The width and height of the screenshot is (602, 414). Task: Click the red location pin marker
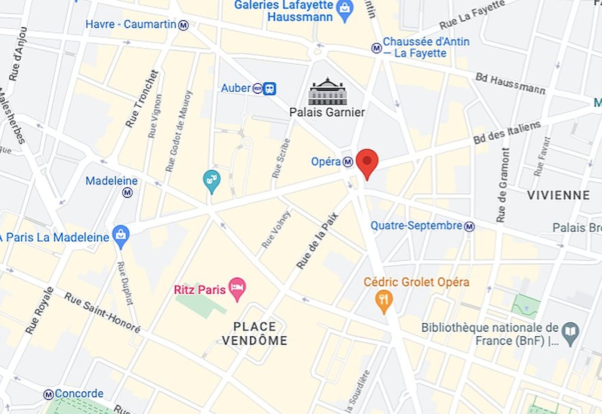367,162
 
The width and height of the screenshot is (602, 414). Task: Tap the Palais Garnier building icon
327,92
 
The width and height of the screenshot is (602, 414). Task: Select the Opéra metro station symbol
348,162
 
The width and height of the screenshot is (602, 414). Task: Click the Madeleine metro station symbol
127,192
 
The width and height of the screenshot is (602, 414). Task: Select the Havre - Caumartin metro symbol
183,25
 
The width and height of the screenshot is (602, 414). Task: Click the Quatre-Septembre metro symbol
469,227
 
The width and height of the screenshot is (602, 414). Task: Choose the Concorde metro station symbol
48,394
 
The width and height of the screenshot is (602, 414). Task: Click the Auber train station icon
269,88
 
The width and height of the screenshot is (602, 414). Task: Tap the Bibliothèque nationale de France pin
570,334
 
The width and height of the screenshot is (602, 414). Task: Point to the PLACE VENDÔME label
254,333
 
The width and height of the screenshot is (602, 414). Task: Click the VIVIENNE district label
558,195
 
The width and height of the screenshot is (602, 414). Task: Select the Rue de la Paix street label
317,241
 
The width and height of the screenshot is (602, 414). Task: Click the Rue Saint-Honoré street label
102,312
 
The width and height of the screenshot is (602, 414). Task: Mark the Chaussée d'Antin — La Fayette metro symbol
376,48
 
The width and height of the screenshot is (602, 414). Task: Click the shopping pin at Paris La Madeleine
121,236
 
